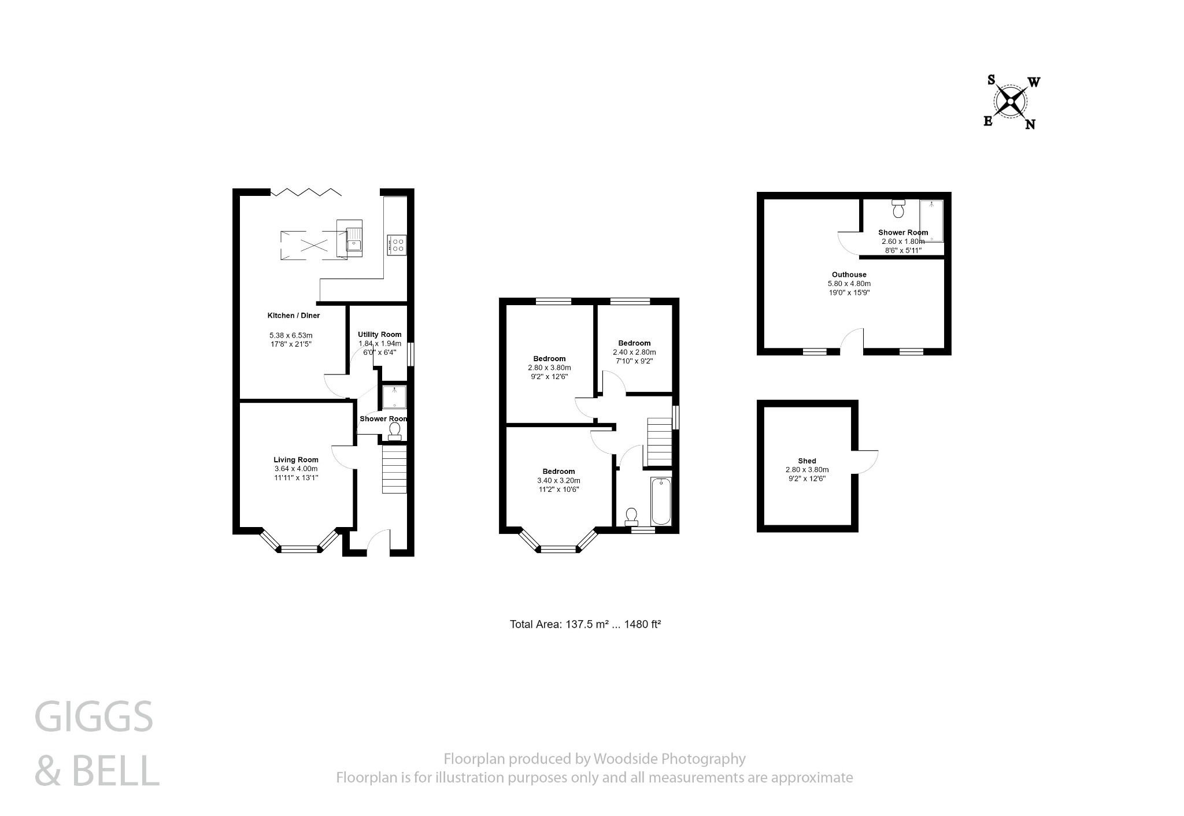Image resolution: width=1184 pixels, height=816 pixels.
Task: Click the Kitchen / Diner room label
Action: coord(293,316)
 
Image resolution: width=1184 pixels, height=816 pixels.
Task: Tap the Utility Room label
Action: coord(379,335)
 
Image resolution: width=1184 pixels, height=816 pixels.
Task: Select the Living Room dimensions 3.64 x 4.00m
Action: coord(296,469)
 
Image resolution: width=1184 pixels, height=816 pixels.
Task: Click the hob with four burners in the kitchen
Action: coord(397,244)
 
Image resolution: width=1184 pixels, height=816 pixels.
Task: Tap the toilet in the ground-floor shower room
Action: coord(395,431)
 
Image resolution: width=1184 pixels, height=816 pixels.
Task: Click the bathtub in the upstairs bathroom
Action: coord(661,501)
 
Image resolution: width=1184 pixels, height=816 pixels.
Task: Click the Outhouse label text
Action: coord(849,275)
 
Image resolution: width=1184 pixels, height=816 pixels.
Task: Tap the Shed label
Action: coord(806,461)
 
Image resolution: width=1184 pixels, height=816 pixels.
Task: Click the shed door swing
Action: coord(866,462)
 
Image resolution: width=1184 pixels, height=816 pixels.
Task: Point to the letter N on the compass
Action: coord(1030,124)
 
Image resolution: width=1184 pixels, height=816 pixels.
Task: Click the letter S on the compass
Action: coord(990,80)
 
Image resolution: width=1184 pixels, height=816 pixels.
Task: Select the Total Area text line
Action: coord(585,624)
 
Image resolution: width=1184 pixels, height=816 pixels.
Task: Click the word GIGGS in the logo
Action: coord(94,717)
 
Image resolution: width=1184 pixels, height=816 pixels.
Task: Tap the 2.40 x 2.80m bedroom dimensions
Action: coord(634,352)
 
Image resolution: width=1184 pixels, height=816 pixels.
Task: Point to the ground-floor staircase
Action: coord(394,468)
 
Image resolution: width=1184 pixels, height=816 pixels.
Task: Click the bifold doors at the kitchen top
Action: coord(305,191)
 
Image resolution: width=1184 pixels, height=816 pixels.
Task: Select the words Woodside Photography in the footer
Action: coord(669,759)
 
